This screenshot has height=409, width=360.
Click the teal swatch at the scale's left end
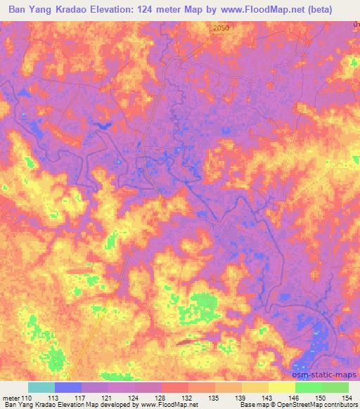pyautogui.click(x=41, y=387)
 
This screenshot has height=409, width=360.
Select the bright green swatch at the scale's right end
pyautogui.click(x=335, y=387)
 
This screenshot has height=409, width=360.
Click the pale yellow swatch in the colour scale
pyautogui.click(x=281, y=387)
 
